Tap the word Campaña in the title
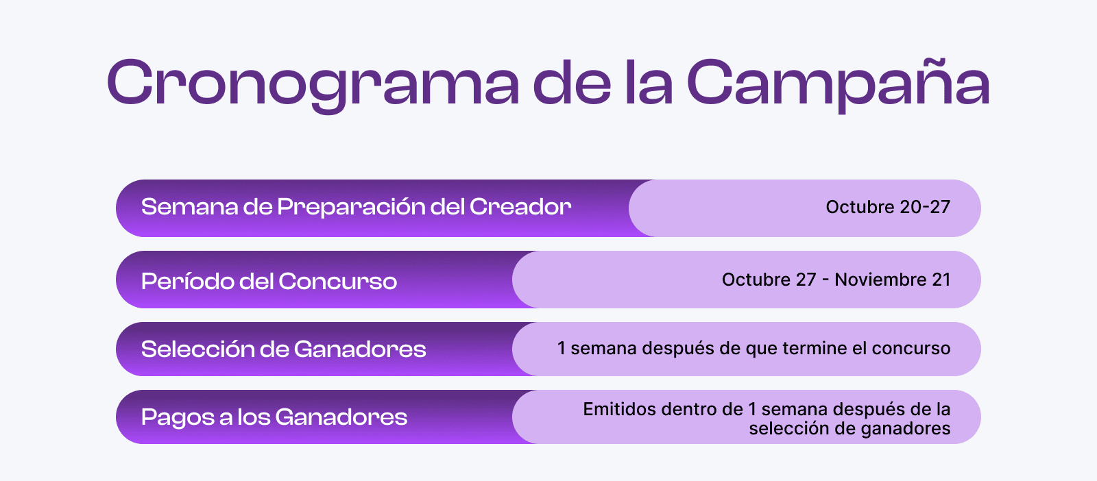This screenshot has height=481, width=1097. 839,83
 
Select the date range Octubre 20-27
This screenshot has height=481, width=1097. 888,207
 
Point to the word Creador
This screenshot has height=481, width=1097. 520,207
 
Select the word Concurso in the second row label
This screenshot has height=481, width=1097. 338,282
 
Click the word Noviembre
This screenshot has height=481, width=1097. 880,280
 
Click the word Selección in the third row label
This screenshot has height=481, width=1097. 195,349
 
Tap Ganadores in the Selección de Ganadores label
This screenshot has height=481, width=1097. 360,349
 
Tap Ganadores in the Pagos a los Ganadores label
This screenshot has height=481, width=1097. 341,417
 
